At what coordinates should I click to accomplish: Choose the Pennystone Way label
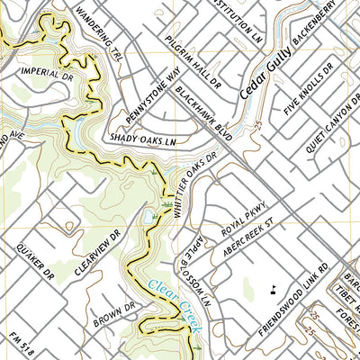pos(157,89)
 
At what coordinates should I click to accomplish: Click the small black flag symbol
pos(272,289)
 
